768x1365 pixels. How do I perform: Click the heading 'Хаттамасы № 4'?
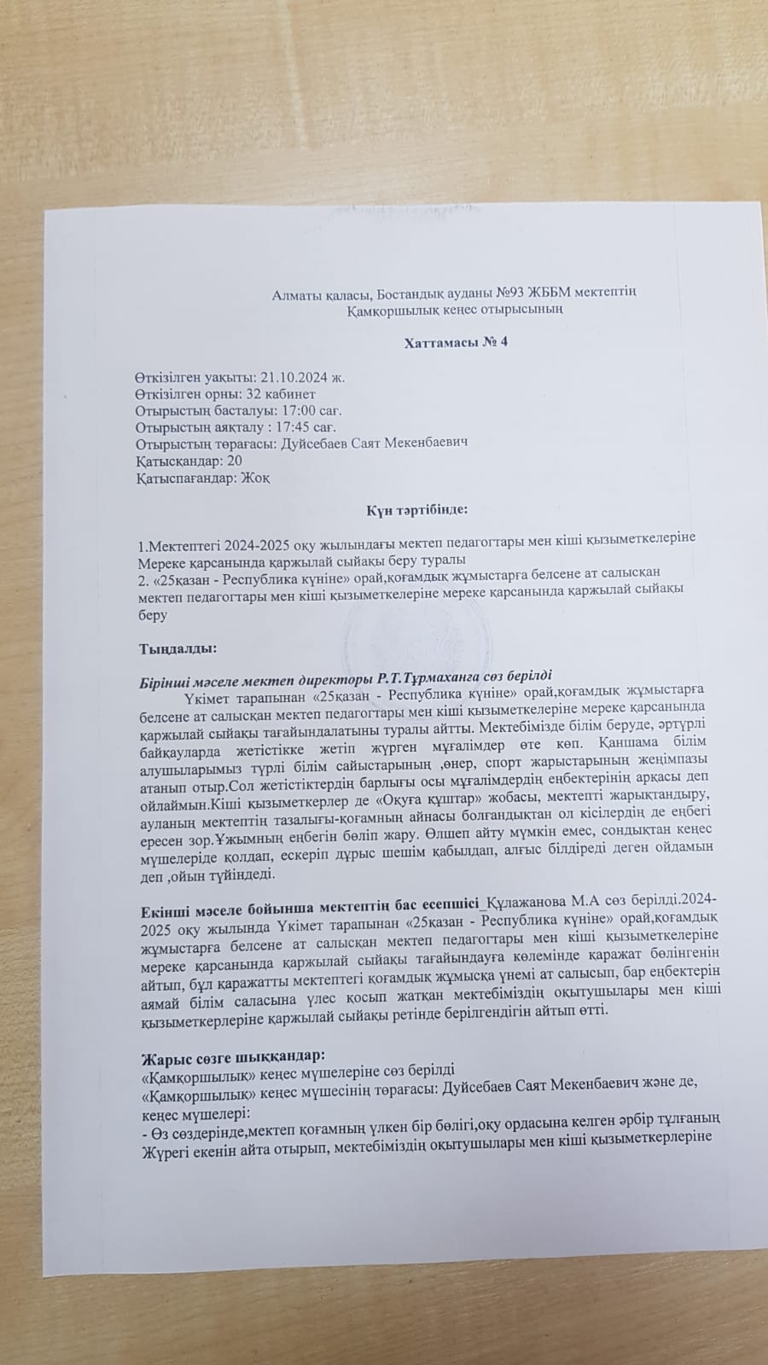456,342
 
